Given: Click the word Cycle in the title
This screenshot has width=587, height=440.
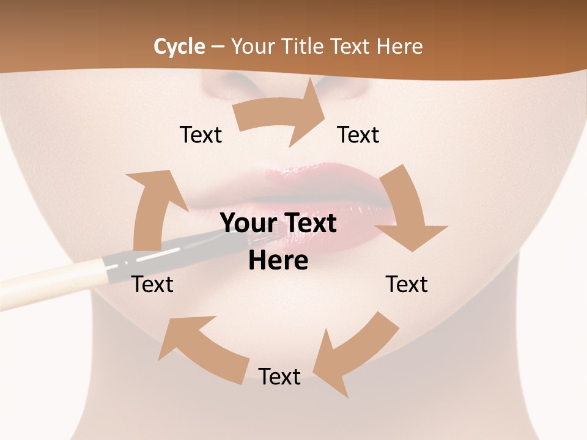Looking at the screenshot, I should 179,46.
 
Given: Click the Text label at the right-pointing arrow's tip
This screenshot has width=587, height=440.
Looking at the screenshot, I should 358,134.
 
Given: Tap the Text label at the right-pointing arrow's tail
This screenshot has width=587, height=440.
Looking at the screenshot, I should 201,134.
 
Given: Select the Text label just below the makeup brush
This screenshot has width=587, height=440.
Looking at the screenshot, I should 152,284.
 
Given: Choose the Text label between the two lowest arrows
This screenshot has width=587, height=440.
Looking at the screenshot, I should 279,376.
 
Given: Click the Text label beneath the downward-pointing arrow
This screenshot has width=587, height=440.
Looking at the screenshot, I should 407,284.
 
